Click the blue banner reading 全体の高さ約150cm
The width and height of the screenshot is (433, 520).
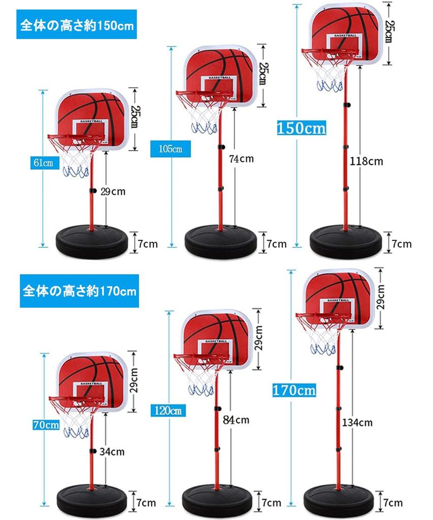pyautogui.click(x=77, y=25)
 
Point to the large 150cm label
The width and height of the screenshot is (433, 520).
pyautogui.click(x=302, y=127)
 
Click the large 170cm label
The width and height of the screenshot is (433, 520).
pyautogui.click(x=294, y=390)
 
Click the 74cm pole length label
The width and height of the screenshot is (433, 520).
pyautogui.click(x=241, y=159)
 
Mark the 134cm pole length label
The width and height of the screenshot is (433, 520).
pyautogui.click(x=357, y=422)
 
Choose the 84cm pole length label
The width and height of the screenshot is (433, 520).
pyautogui.click(x=236, y=419)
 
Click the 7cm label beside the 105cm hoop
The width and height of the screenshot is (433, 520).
pyautogui.click(x=276, y=244)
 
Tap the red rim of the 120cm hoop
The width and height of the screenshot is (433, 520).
pyautogui.click(x=197, y=357)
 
